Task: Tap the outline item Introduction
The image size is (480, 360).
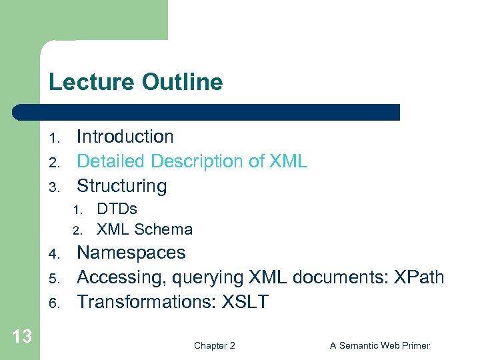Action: point(125,137)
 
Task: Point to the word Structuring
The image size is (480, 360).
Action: point(122,186)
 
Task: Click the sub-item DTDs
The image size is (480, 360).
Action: point(117,209)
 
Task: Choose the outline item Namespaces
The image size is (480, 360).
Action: point(131,253)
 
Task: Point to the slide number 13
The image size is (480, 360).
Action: point(22,337)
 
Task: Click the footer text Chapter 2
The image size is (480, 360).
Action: point(214,345)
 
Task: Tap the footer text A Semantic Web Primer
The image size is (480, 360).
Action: point(379,345)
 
